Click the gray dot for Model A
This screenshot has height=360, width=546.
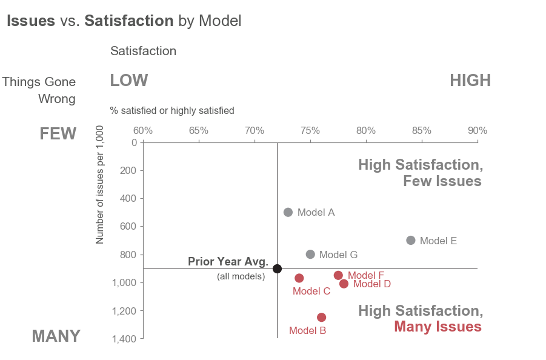(288, 212)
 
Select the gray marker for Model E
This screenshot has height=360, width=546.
(411, 240)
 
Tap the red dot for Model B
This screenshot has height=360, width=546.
(321, 317)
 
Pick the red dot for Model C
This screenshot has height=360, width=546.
(299, 278)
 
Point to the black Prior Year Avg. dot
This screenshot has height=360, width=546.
(277, 268)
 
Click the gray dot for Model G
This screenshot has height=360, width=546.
(310, 255)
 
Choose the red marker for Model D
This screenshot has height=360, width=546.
(344, 284)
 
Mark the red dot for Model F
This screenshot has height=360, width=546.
(338, 275)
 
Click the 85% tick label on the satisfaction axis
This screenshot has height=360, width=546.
(422, 131)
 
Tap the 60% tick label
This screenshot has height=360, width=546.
(142, 131)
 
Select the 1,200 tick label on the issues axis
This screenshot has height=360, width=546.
(125, 310)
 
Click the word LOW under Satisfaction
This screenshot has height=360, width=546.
(128, 81)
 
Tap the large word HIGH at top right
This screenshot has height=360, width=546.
(470, 81)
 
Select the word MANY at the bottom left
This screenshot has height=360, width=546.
(56, 336)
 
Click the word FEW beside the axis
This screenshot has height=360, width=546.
(58, 133)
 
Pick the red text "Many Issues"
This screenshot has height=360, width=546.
(438, 327)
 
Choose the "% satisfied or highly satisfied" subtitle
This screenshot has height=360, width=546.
(172, 110)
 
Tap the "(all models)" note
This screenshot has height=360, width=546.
(241, 276)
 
